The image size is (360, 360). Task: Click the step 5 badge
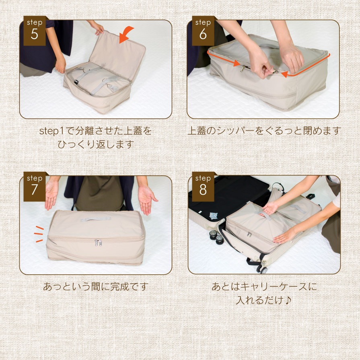coord(35,31)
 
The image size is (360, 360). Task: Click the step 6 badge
coord(203,31)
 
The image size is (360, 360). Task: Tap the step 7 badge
coord(35,186)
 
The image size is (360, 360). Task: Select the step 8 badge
coord(203,186)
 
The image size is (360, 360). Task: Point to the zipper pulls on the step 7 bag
coord(98,243)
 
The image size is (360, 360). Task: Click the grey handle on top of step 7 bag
coord(96,219)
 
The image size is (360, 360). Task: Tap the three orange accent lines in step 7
coord(39,234)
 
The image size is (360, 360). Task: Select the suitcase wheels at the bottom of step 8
coord(262,269)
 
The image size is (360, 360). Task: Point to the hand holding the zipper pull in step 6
coord(261,65)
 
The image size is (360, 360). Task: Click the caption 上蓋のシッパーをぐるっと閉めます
coord(263,131)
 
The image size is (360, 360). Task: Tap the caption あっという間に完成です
coord(96,286)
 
